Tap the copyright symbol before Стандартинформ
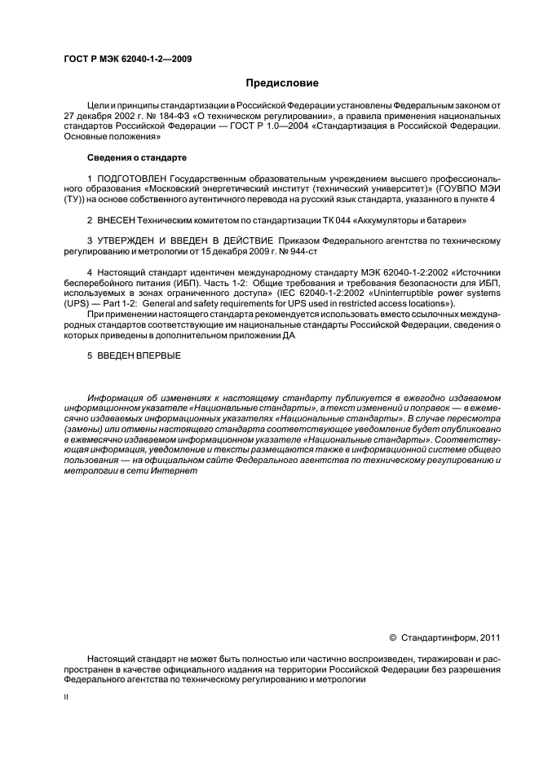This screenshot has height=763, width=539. pos(392,637)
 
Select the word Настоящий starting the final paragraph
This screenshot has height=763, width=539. pos(114,658)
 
